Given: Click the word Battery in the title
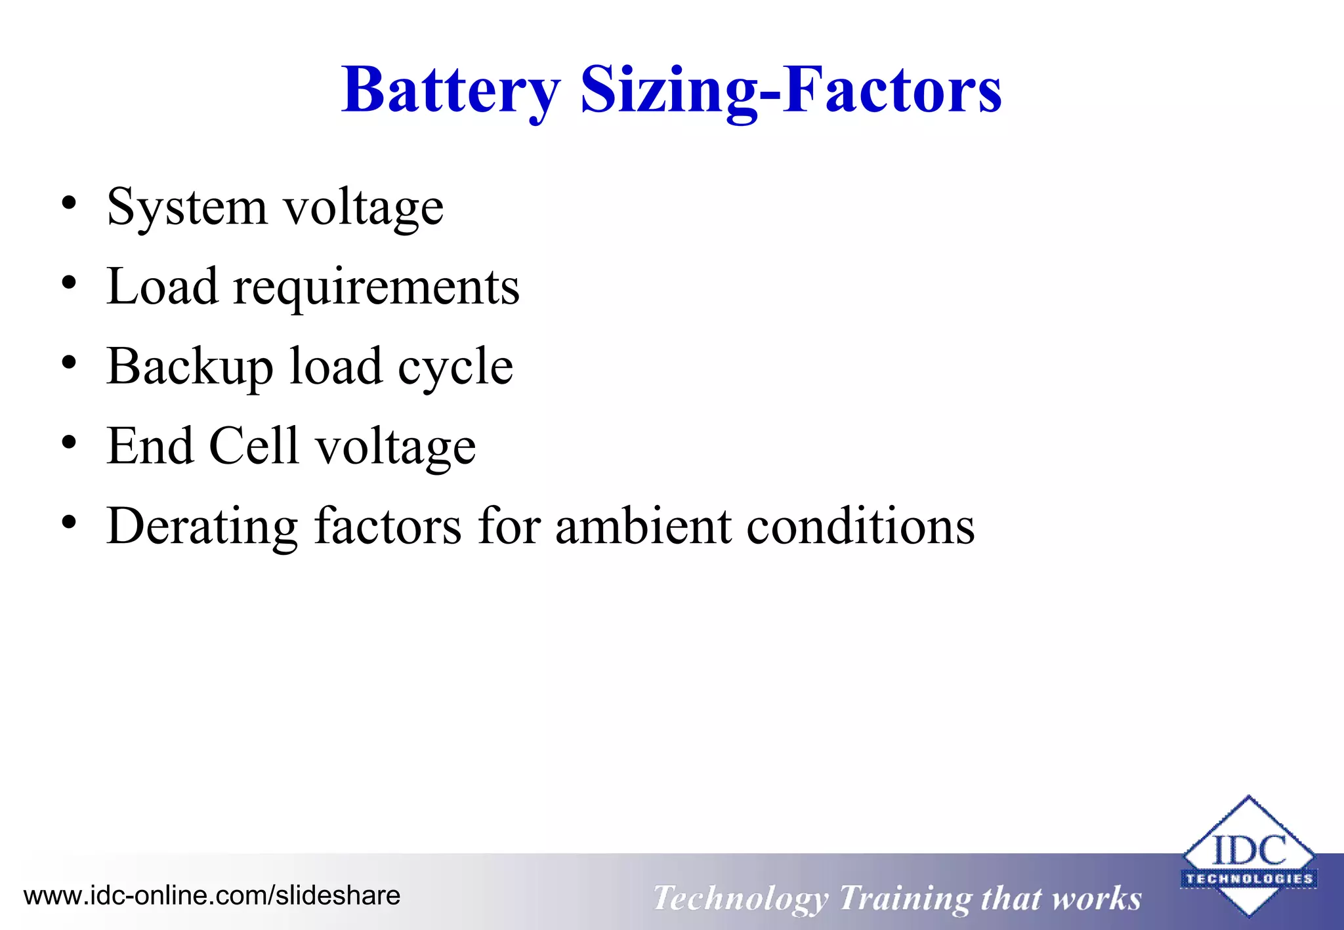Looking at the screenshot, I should coord(450,91).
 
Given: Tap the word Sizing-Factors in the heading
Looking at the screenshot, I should coord(791,91).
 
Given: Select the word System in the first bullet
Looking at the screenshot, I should coord(187,207).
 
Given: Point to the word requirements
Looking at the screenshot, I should coord(377,288).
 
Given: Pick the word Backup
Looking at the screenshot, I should coord(190,367).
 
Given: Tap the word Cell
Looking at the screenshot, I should coord(253,446).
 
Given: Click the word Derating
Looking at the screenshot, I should coord(202,527).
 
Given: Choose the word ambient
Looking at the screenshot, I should coord(643,527).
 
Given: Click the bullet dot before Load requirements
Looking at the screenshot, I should coord(69,283).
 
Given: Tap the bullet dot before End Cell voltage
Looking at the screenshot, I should coord(69,443).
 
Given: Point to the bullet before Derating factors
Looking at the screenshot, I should coord(69,523).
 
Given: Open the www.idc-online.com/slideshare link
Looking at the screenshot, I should coord(212,896).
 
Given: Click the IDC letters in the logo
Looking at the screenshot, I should coord(1249,850).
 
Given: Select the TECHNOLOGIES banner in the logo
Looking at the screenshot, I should coord(1249,879).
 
